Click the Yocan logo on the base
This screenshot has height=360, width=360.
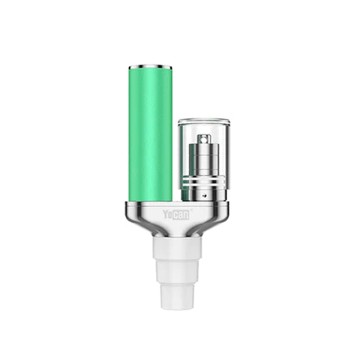(x=176, y=214)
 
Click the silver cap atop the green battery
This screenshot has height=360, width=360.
(x=150, y=67)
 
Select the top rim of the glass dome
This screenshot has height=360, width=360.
(x=204, y=121)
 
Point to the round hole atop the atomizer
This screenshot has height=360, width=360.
(x=204, y=136)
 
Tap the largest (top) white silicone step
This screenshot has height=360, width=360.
(x=177, y=247)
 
